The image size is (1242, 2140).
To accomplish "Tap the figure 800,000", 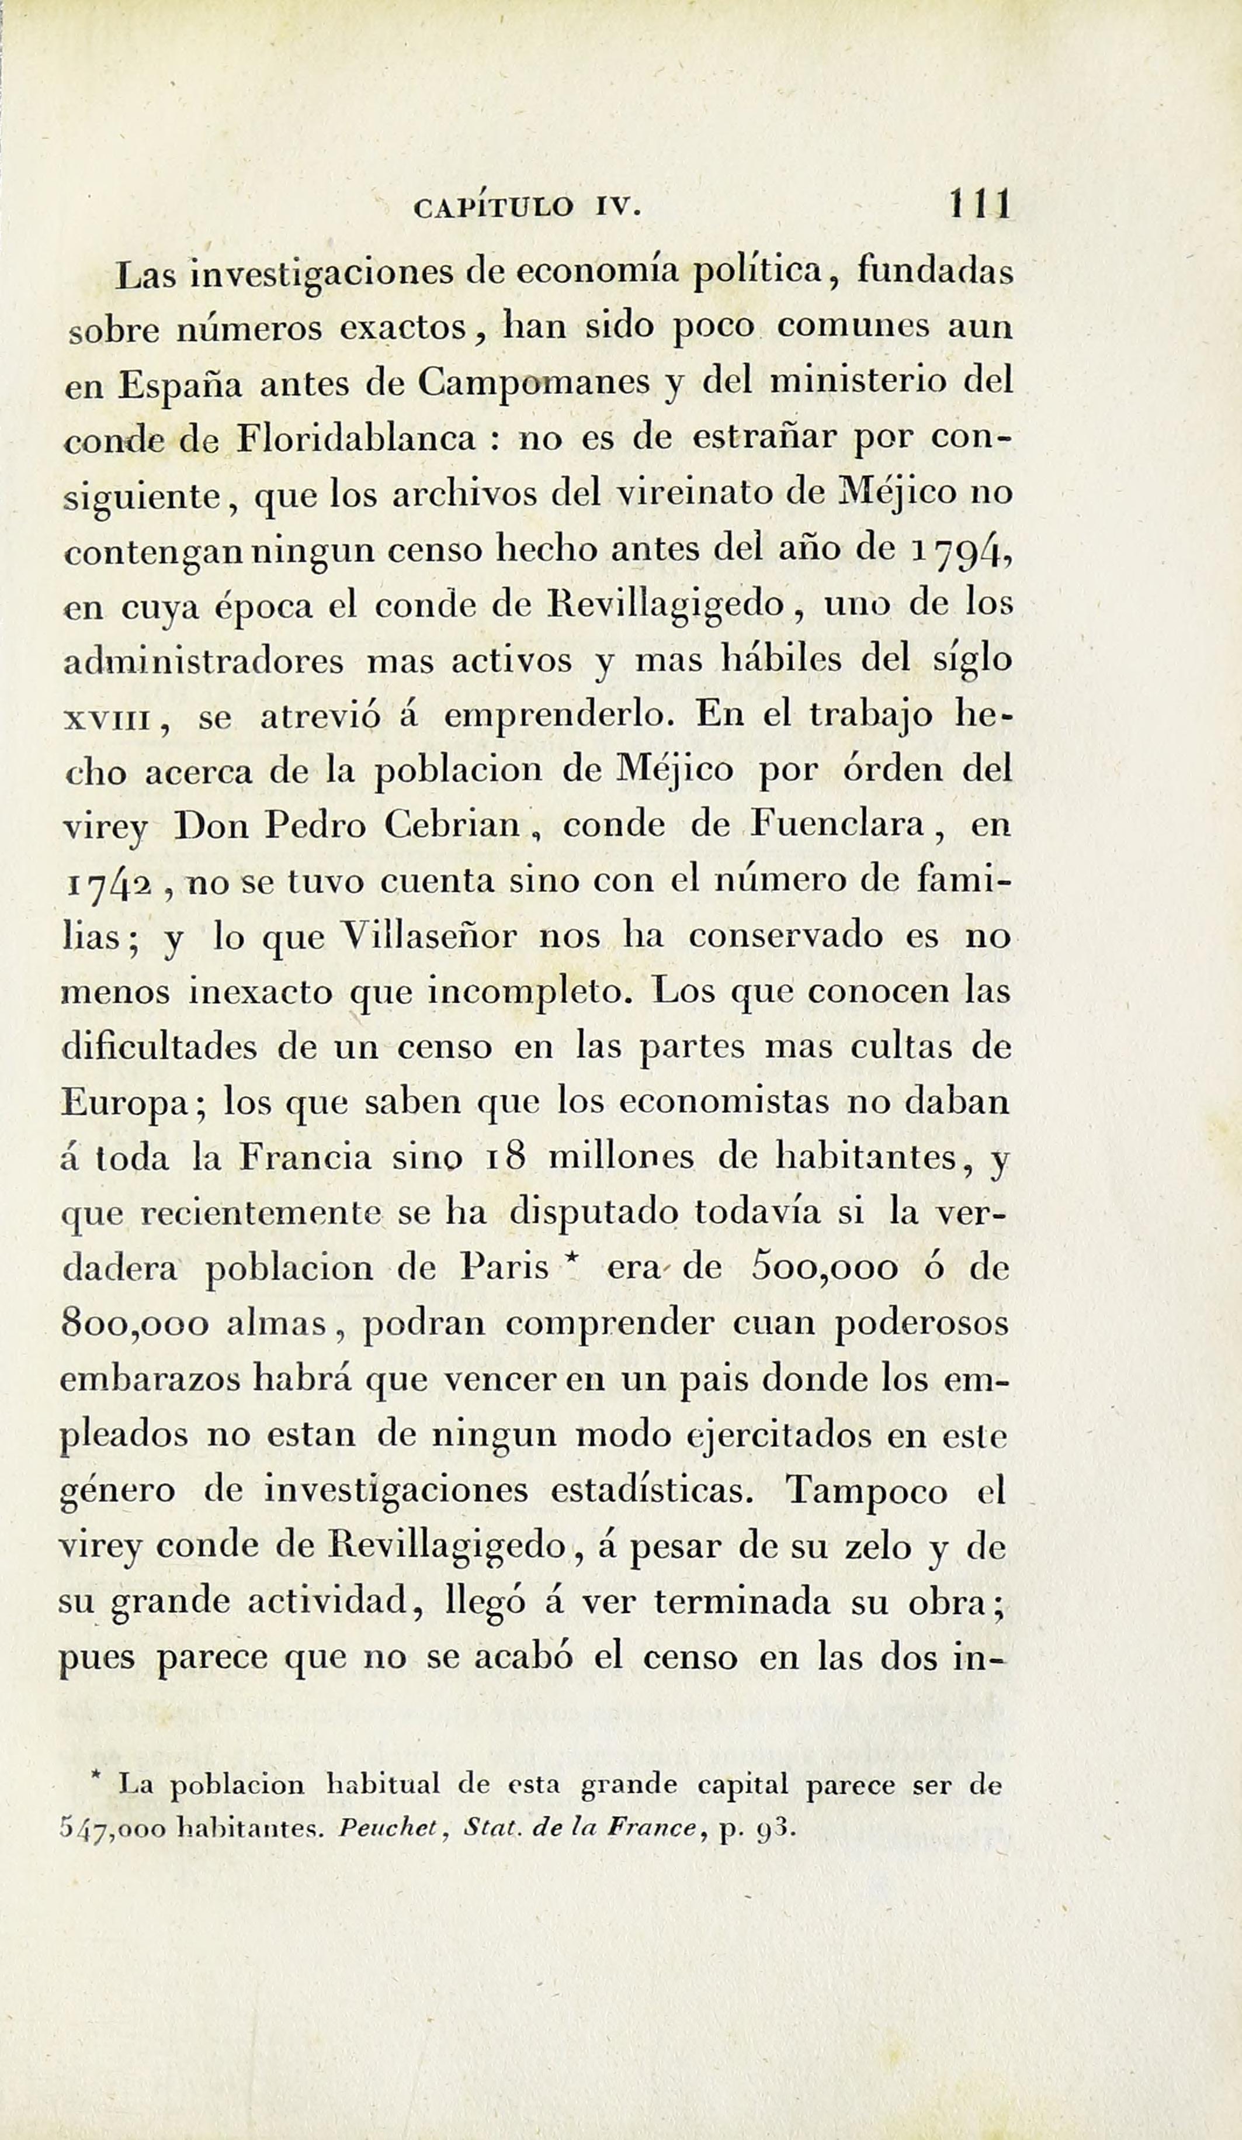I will pos(134,1326).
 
